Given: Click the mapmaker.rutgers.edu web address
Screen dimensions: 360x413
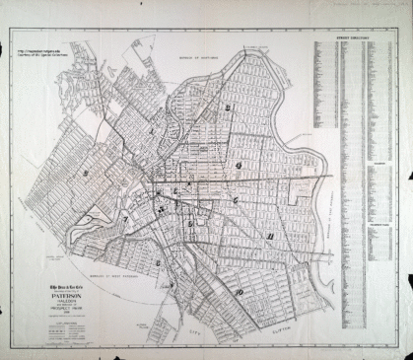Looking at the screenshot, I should (36, 47).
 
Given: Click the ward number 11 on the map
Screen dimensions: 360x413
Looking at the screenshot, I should (269, 238).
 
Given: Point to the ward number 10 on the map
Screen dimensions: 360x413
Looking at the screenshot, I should (238, 292).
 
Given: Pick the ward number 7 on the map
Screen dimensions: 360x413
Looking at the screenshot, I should (126, 219).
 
